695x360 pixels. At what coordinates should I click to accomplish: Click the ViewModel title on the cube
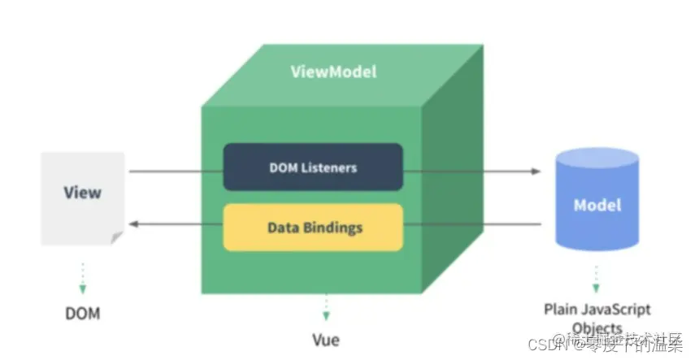pyautogui.click(x=333, y=72)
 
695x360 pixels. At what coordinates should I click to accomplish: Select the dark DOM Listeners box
pyautogui.click(x=313, y=167)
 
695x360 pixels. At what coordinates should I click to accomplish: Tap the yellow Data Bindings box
pyautogui.click(x=313, y=227)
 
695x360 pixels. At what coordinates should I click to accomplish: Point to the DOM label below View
pyautogui.click(x=83, y=313)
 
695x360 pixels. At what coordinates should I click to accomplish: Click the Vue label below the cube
pyautogui.click(x=325, y=340)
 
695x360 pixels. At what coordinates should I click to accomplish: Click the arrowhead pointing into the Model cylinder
pyautogui.click(x=536, y=171)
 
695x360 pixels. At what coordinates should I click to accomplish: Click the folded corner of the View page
pyautogui.click(x=117, y=236)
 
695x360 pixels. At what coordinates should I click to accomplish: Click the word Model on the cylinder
pyautogui.click(x=597, y=205)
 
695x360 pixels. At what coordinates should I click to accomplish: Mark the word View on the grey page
pyautogui.click(x=83, y=193)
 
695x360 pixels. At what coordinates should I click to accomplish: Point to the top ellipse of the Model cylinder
pyautogui.click(x=597, y=157)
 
